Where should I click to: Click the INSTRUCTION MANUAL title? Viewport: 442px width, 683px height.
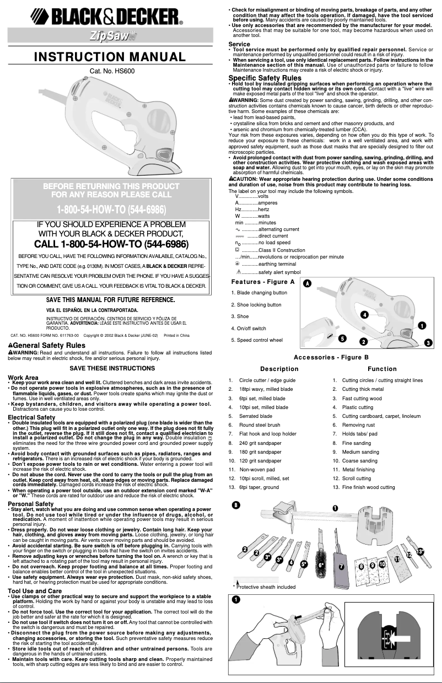pyautogui.click(x=110, y=57)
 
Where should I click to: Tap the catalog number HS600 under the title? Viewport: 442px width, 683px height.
pyautogui.click(x=112, y=71)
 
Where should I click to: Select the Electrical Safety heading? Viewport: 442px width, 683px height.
pyautogui.click(x=31, y=418)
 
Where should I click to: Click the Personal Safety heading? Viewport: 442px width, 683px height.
pyautogui.click(x=30, y=504)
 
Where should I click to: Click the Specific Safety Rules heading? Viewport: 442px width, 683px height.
pyautogui.click(x=265, y=78)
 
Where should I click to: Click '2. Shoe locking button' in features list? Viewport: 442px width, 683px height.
pyautogui.click(x=256, y=305)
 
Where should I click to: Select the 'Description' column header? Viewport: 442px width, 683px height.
pyautogui.click(x=279, y=369)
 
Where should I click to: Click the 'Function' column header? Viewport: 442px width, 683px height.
pyautogui.click(x=382, y=369)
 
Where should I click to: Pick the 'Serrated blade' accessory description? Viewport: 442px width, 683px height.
pyautogui.click(x=256, y=416)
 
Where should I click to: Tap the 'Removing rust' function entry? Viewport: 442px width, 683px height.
pyautogui.click(x=360, y=425)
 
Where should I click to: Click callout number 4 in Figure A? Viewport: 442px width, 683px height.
pyautogui.click(x=364, y=314)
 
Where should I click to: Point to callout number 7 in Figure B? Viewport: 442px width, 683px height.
pyautogui.click(x=342, y=566)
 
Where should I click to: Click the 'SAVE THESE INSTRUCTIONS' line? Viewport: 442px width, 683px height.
pyautogui.click(x=112, y=368)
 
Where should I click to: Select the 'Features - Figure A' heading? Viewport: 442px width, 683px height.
pyautogui.click(x=263, y=282)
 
